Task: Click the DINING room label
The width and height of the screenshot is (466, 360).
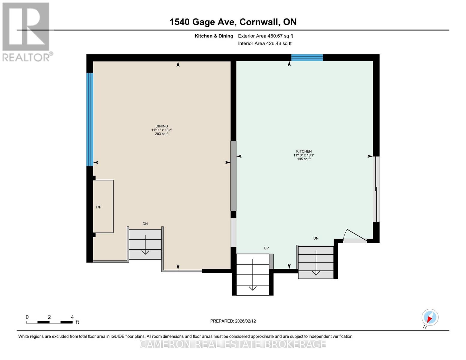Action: coord(162,126)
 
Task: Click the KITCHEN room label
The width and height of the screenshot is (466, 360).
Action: coord(304,151)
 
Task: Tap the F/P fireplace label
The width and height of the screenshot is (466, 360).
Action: coord(98,207)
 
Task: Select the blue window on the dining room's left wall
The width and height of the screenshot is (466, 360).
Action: coord(90,119)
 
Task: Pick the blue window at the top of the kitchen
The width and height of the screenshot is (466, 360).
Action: coord(307,58)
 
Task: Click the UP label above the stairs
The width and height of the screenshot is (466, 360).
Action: coord(266,248)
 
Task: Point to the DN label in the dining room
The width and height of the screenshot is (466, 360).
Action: coord(145,224)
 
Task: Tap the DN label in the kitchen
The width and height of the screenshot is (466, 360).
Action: coord(316,238)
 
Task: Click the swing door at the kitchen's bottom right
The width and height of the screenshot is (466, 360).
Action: coord(355,237)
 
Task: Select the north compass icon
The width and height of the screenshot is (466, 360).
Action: coord(430,317)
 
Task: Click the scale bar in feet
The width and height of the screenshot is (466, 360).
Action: coord(49,322)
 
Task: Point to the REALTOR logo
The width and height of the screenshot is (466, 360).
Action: coord(26,32)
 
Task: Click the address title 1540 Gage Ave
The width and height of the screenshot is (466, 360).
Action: coord(233,22)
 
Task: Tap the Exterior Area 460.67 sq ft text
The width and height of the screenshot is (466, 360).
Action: coord(265,36)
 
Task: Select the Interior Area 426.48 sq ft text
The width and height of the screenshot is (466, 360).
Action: coord(265,43)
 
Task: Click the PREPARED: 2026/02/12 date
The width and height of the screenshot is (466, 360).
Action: coord(233,321)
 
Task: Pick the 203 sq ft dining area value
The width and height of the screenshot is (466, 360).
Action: coord(162,134)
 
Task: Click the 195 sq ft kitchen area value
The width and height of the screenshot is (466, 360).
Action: coord(304,159)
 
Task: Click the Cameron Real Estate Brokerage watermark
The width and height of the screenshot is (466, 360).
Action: coord(233,344)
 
